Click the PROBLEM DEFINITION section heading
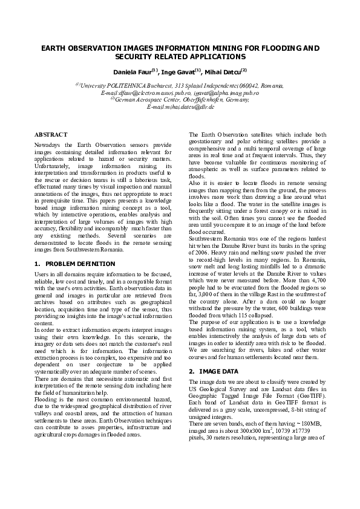[80, 264]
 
